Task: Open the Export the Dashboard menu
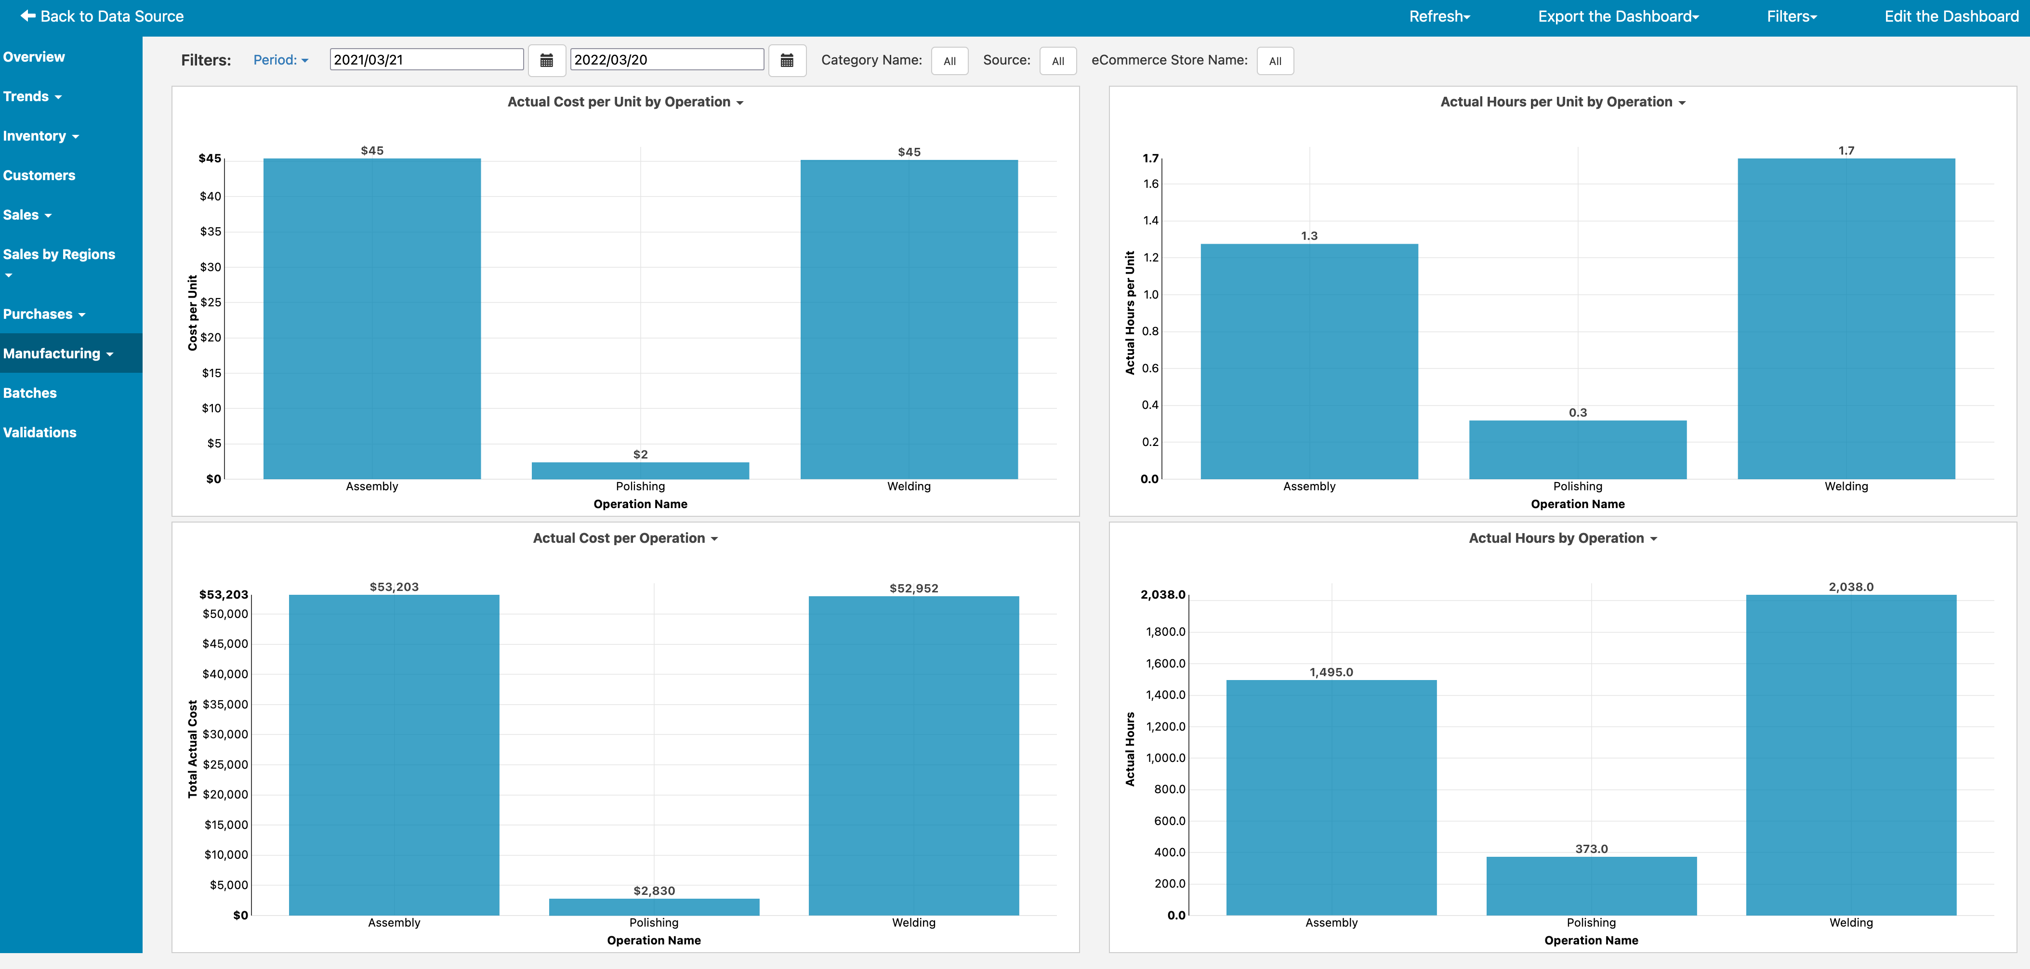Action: [x=1618, y=16]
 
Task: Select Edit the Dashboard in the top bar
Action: [x=1951, y=16]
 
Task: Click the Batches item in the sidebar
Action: [x=30, y=393]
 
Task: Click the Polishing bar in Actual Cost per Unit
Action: [x=640, y=471]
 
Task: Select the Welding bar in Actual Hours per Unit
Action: [x=1845, y=318]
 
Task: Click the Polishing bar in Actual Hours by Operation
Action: [x=1591, y=886]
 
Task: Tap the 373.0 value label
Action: [x=1591, y=849]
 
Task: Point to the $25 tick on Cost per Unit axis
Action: [x=211, y=302]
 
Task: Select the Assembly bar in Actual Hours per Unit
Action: [x=1309, y=361]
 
